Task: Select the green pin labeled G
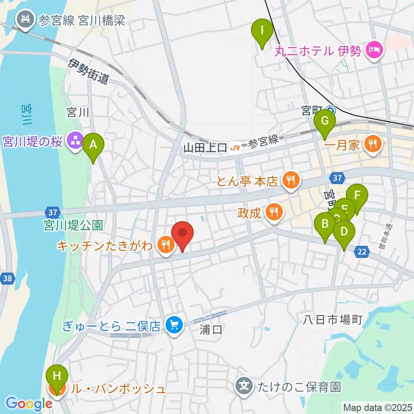(x=325, y=122)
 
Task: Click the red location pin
(x=182, y=234)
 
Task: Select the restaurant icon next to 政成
(x=274, y=212)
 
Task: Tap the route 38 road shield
(x=7, y=279)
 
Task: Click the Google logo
(x=28, y=404)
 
